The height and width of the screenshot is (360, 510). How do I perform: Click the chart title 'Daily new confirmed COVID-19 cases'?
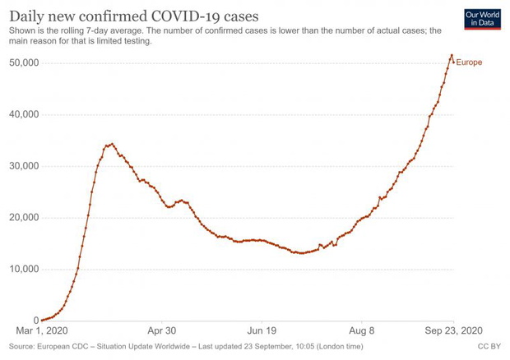coord(134,16)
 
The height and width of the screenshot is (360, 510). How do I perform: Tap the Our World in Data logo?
coord(482,19)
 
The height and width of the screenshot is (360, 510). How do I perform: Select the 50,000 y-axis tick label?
coord(24,62)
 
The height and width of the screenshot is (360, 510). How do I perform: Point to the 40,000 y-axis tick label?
coord(24,114)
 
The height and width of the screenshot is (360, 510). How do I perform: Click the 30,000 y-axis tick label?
coord(24,166)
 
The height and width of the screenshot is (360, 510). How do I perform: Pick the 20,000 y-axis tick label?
coord(24,217)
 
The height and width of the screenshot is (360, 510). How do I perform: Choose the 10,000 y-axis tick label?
coord(24,269)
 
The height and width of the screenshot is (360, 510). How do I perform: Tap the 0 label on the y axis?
coord(36,321)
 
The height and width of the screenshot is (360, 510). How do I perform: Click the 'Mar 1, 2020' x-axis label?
coord(42,330)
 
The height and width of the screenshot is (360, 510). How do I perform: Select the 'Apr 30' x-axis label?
coord(162,330)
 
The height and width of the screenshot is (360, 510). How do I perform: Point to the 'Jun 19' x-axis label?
coord(262,330)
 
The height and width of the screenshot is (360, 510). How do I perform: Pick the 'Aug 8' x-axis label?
coord(362,330)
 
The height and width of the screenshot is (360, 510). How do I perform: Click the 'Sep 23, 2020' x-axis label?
coord(454,330)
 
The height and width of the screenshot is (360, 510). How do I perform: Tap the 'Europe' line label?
coord(469,62)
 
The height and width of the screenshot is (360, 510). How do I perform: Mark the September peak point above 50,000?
coord(452,55)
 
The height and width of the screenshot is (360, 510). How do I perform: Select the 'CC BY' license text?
coord(489,346)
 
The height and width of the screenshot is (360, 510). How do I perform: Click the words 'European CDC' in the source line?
coord(63,346)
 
